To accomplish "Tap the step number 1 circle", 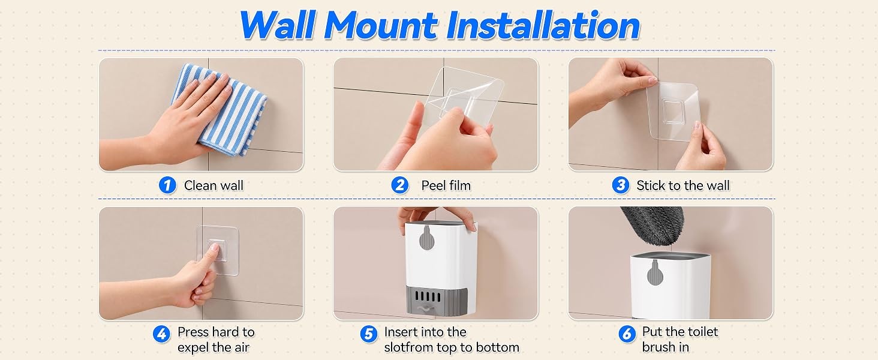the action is [167, 185].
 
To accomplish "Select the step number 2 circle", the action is [400, 185].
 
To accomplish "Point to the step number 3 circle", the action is [621, 185].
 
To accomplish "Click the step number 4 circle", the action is [161, 334].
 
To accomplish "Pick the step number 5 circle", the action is [368, 334].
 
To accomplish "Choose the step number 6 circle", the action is [627, 334].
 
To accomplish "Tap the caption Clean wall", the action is [214, 185].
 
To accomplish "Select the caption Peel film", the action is [446, 185].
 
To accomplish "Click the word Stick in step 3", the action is [650, 185].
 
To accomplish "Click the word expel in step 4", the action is [194, 348].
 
